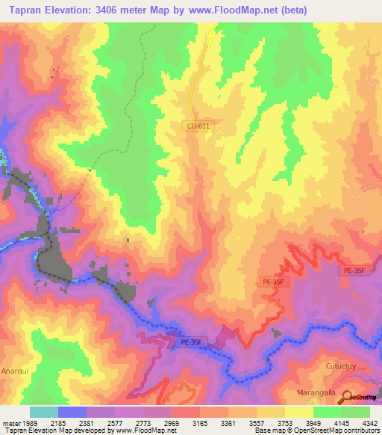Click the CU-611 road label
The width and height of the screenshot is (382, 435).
(199, 126)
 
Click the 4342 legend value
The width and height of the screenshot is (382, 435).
(370, 423)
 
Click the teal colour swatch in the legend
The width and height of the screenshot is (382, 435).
(43, 412)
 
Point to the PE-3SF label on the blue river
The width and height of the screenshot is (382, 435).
(192, 342)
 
